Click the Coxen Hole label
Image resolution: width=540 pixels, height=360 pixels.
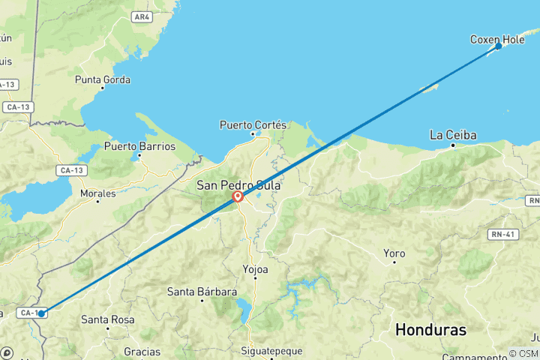coord(496,39)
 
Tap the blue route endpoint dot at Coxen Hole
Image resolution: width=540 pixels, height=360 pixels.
coord(499,46)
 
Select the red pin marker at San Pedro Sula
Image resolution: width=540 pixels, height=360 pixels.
coord(238,196)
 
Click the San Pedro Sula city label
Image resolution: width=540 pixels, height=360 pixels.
coord(238,184)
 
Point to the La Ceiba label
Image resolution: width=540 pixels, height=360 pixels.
coord(453,135)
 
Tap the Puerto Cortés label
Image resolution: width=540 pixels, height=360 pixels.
coord(253,124)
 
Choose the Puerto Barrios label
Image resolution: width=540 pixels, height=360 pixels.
coord(139,146)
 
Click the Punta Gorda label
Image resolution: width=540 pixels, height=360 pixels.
coord(103,79)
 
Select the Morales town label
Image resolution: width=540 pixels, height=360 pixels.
coord(98,193)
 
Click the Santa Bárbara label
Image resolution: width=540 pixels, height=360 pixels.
coord(202,292)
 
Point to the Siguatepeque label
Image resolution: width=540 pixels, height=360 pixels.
coord(270,350)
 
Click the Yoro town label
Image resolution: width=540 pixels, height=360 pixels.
coord(394,253)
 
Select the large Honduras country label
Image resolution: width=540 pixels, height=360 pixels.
coord(430,330)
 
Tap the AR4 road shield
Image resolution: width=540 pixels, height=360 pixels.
coord(141,16)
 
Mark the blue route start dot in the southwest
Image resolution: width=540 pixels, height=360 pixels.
coord(41,313)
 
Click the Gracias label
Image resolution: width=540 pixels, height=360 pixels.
coord(142,351)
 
